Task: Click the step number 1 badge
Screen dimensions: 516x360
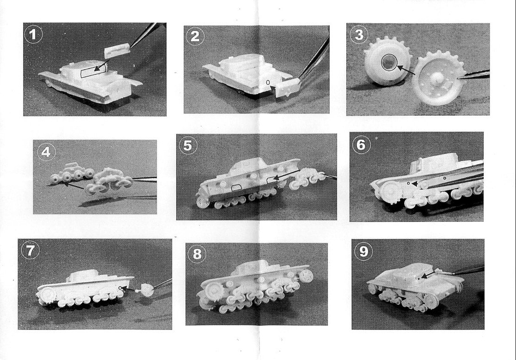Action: click(x=33, y=35)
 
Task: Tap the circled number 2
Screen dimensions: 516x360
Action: click(x=195, y=37)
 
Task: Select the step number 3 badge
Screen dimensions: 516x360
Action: click(x=359, y=35)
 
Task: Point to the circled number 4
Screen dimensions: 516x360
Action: click(x=46, y=152)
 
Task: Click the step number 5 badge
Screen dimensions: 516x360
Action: click(x=187, y=145)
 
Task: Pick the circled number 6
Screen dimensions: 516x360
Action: click(x=361, y=144)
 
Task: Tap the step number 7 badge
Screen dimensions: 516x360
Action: click(x=30, y=250)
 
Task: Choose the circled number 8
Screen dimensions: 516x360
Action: click(x=197, y=254)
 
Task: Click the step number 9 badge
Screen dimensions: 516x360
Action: click(x=363, y=251)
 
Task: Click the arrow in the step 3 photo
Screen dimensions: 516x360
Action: click(x=405, y=70)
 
